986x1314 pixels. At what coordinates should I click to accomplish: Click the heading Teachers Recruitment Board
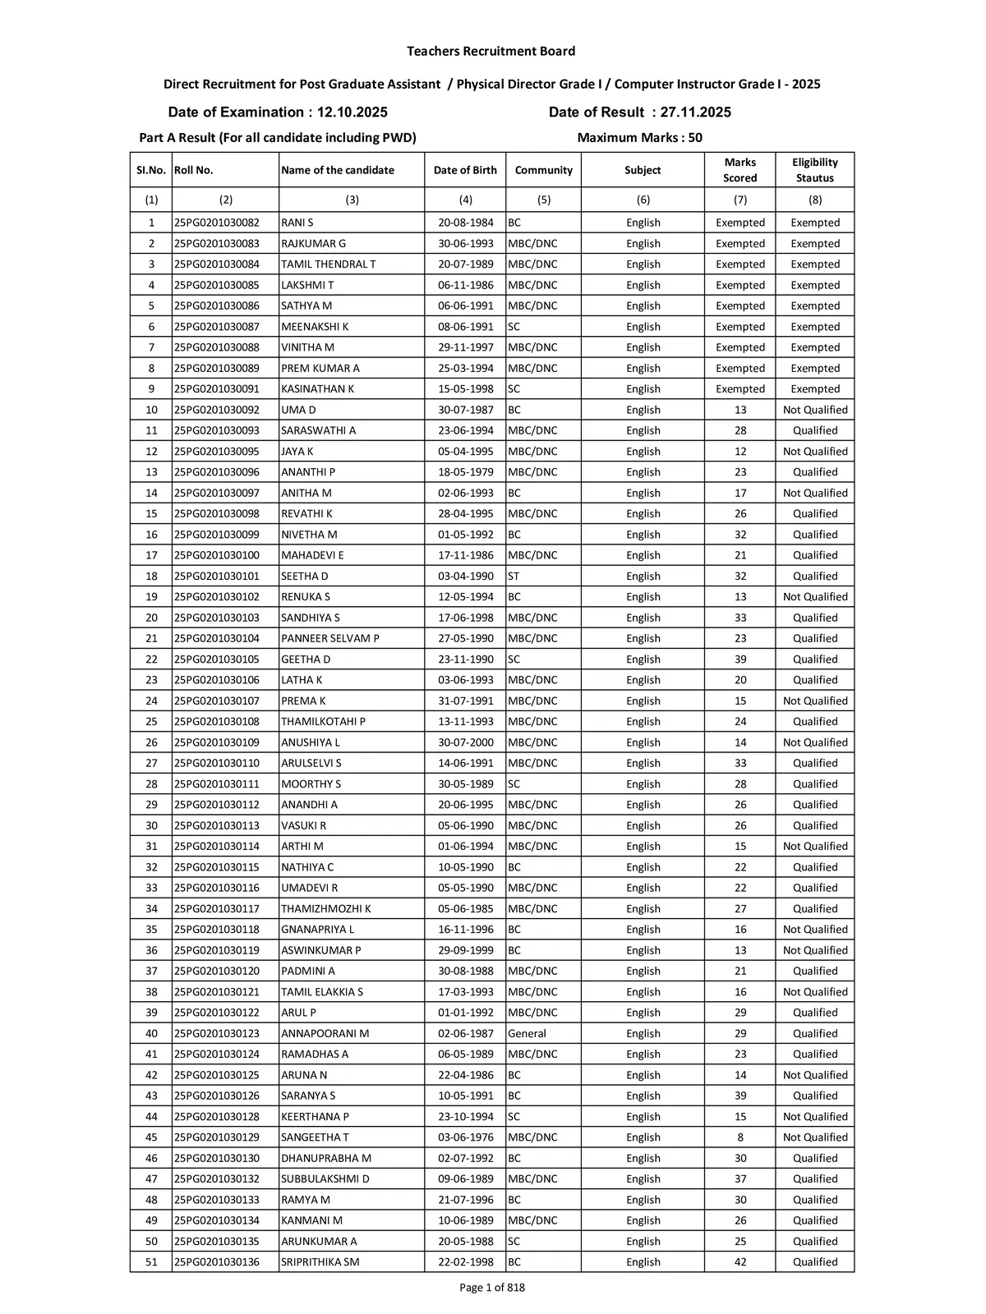pos(491,51)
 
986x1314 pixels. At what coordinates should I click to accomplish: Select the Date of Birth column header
pos(465,170)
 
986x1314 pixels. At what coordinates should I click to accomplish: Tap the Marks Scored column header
pos(739,170)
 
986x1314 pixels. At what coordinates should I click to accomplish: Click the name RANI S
pos(297,223)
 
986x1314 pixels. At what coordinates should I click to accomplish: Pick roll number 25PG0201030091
pos(216,388)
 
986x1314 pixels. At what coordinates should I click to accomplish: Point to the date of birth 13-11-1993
pos(465,721)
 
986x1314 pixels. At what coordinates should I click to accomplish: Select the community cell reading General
pos(527,1033)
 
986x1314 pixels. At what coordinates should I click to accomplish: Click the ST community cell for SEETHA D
pos(514,576)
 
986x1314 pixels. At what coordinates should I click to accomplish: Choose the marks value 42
pos(740,1261)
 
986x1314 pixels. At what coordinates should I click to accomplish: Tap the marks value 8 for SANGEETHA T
pos(740,1137)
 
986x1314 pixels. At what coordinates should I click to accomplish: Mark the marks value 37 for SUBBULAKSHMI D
pos(740,1178)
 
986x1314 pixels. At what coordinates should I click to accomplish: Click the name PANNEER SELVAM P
pos(330,638)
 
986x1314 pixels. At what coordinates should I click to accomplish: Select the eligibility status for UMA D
pos(814,410)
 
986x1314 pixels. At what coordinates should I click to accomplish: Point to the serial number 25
pos(151,721)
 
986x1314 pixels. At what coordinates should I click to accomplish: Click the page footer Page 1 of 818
pos(491,1288)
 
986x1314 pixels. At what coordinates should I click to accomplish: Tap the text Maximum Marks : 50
pos(639,138)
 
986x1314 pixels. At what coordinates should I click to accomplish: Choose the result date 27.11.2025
pos(687,113)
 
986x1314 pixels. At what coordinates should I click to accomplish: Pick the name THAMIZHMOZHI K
pos(326,908)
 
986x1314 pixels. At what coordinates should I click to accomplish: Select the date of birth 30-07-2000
pos(465,742)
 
